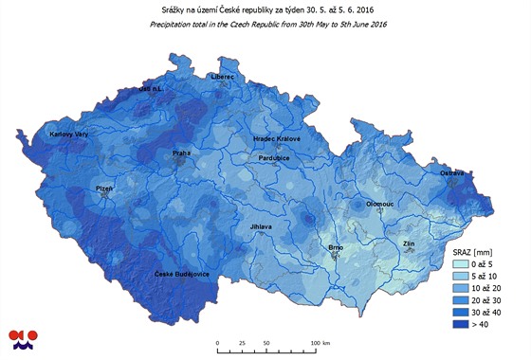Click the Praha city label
182,153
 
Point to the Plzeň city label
103,189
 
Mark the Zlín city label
409,243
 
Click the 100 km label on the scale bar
320,343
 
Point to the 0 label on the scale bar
218,343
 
